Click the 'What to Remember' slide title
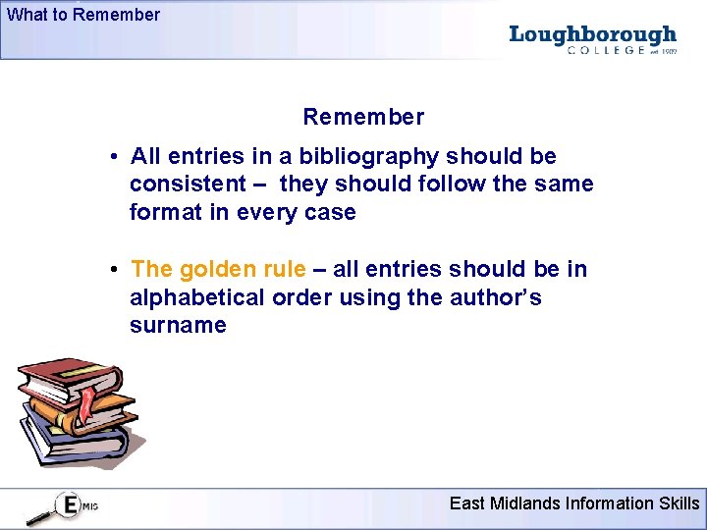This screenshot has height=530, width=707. click(x=83, y=15)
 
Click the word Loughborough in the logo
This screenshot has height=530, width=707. click(x=593, y=35)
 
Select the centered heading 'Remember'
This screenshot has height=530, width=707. click(x=363, y=117)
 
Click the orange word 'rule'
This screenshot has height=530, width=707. click(x=286, y=269)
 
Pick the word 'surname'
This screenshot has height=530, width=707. click(x=178, y=325)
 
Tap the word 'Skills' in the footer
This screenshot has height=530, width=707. click(x=679, y=503)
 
